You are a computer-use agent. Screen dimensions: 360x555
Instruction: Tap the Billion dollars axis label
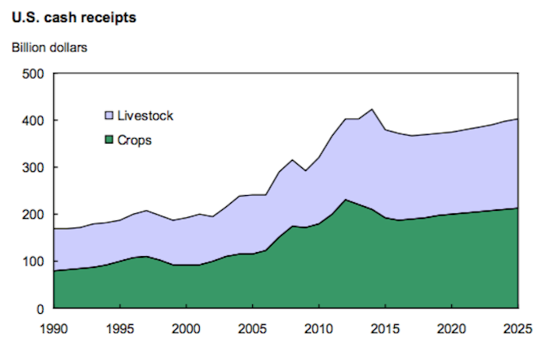tap(49, 46)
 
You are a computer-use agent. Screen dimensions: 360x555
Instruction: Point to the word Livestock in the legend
tap(145, 116)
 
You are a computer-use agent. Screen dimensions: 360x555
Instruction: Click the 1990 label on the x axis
tap(54, 327)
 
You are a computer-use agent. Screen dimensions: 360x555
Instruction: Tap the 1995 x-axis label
tap(120, 327)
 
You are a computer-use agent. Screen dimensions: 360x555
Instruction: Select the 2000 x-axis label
tap(186, 327)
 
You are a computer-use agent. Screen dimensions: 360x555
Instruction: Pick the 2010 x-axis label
tap(319, 327)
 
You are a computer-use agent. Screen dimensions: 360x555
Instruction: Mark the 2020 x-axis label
tap(451, 327)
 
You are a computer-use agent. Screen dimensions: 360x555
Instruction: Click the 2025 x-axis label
tap(517, 327)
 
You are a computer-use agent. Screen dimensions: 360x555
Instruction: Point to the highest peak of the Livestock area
tap(372, 109)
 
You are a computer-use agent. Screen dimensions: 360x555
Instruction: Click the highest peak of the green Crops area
tap(346, 200)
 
